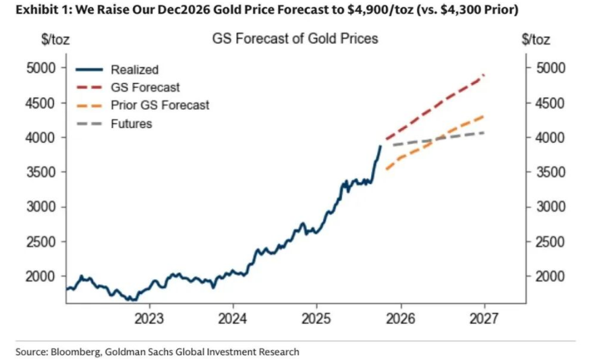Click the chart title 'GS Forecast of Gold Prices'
click(x=295, y=38)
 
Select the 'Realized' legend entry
click(x=134, y=69)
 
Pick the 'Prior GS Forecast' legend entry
click(x=160, y=105)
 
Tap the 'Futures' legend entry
click(x=132, y=123)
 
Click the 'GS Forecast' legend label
click(x=145, y=88)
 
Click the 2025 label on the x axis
click(x=316, y=318)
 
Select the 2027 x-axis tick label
click(x=484, y=318)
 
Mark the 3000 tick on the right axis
click(x=546, y=206)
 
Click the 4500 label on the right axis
click(x=546, y=103)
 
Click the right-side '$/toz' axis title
click(x=536, y=39)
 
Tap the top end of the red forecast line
click(x=484, y=75)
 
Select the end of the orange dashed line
click(x=484, y=116)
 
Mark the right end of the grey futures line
click(x=484, y=132)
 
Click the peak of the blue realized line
click(x=381, y=146)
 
